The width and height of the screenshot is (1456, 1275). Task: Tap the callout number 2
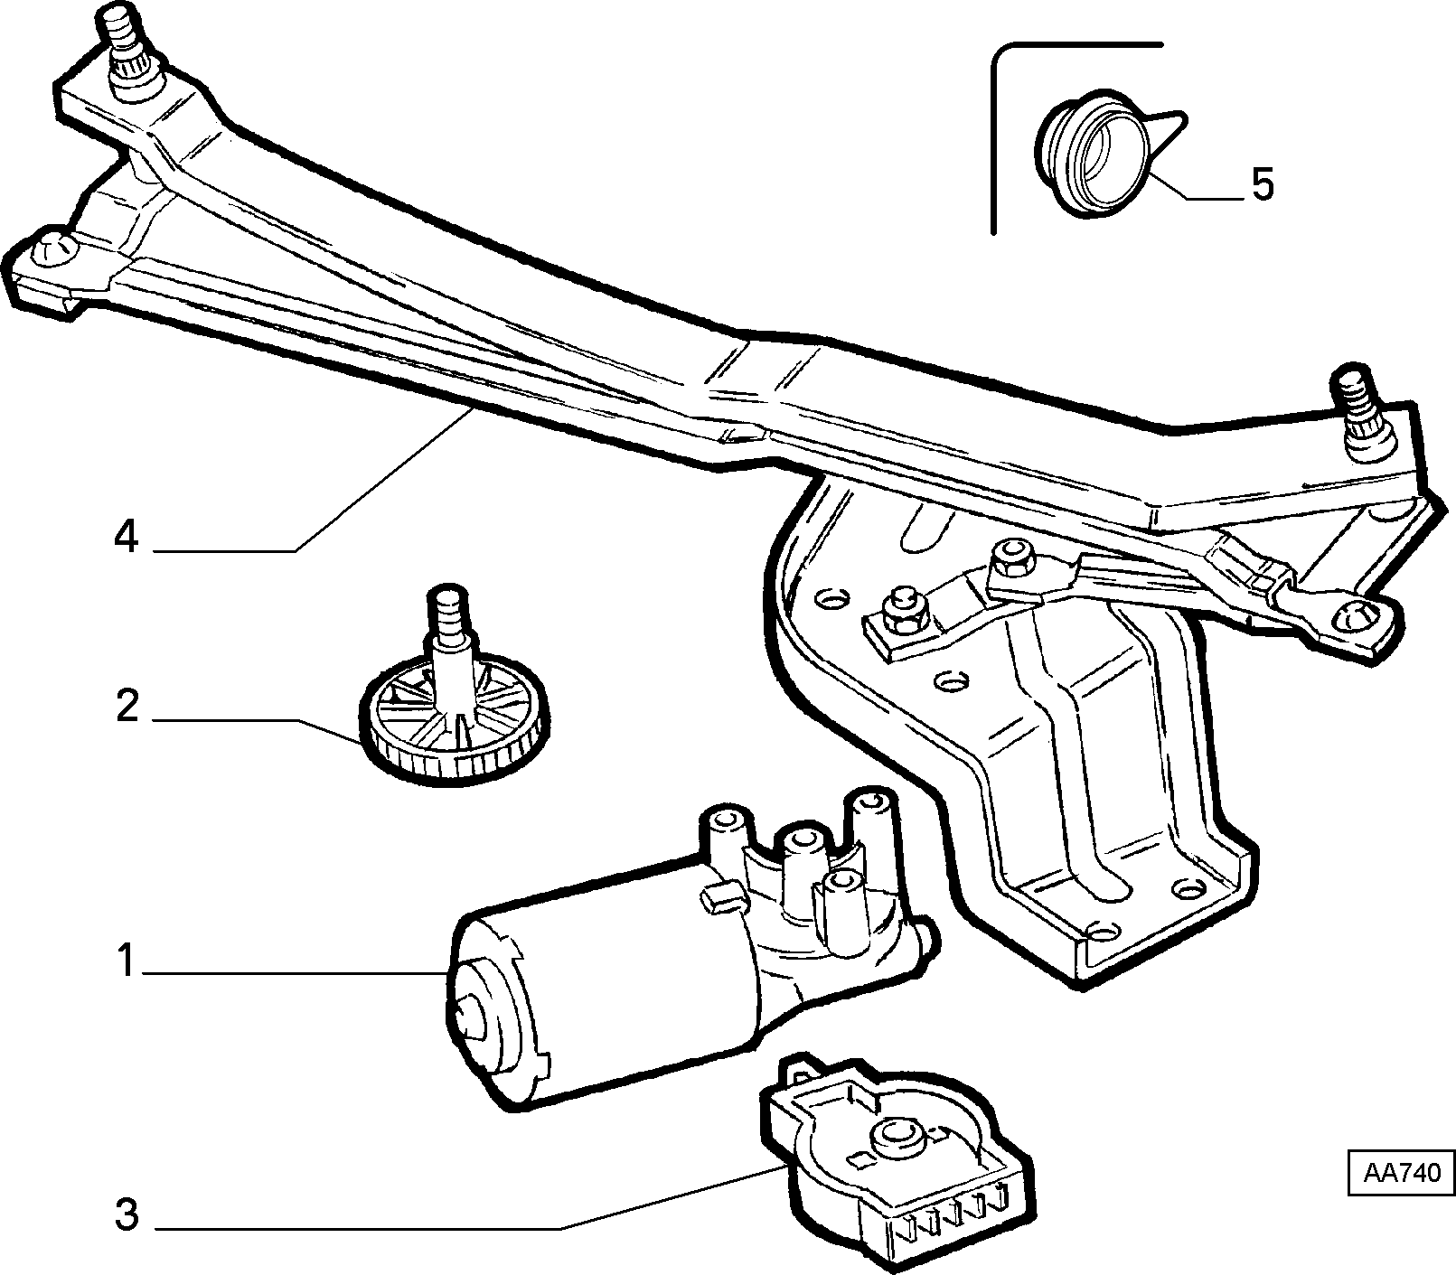127,707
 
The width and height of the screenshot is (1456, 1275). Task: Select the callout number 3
127,1214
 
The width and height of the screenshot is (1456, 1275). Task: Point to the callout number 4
127,537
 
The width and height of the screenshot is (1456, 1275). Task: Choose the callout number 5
1262,185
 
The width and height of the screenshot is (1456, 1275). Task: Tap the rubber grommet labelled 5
1091,152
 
